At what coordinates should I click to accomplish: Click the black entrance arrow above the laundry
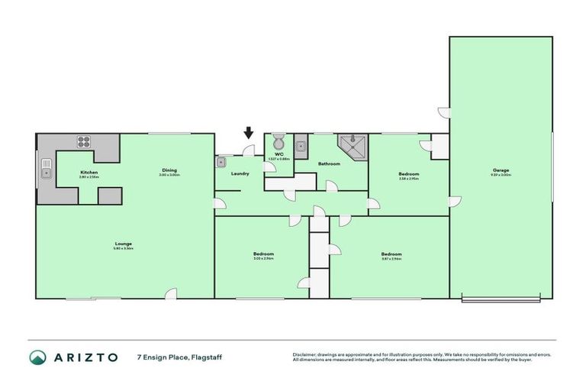tap(249, 134)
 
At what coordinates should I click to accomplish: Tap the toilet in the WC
tap(279, 143)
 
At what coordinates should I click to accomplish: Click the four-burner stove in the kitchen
tap(84, 142)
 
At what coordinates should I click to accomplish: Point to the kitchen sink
tap(46, 168)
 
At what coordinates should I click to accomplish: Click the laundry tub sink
tap(222, 162)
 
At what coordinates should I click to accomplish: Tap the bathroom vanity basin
tap(301, 145)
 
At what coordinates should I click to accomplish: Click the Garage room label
tap(501, 170)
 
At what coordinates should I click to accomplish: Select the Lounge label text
tap(123, 244)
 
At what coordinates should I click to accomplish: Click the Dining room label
tap(169, 170)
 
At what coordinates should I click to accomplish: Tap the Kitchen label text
tap(89, 173)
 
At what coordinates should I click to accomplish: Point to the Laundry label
tap(240, 174)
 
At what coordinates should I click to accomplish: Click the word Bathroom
tap(329, 163)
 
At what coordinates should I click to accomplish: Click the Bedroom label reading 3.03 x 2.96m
tap(263, 254)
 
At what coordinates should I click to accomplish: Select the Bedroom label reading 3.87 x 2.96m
tap(391, 254)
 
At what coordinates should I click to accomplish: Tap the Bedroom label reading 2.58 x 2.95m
tap(408, 175)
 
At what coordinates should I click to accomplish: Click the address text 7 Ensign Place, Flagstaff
tap(179, 357)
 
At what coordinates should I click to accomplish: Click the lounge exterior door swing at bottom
tap(173, 293)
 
